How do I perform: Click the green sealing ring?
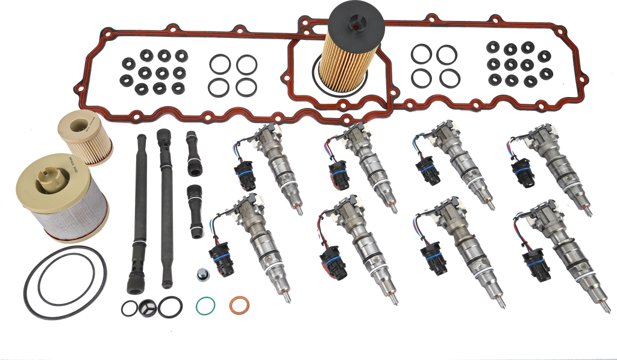point(205,304)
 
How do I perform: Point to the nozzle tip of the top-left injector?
point(299,212)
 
